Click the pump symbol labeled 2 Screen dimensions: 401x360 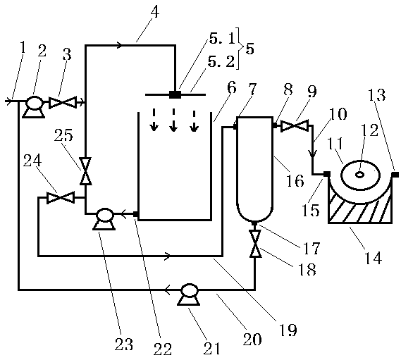(x=34, y=106)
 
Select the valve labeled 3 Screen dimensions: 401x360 (x=63, y=102)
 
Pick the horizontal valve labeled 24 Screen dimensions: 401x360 (x=61, y=198)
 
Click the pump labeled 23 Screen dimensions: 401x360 (x=104, y=218)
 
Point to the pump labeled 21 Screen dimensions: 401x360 (x=189, y=294)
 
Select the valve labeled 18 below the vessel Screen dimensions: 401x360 (x=255, y=244)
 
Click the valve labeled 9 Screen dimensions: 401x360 (x=295, y=126)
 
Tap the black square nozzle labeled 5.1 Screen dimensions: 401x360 (x=175, y=94)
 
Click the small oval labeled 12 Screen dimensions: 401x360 (x=360, y=175)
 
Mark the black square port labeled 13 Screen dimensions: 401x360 (x=395, y=175)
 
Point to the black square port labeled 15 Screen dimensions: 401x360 (x=326, y=174)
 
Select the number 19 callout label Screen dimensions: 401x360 (x=288, y=330)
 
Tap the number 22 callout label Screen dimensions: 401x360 (x=163, y=349)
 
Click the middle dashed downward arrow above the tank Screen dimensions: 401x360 (x=173, y=120)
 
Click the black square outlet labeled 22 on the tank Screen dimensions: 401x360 (x=136, y=214)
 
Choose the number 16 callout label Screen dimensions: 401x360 (x=295, y=180)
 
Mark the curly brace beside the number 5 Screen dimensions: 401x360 (x=239, y=48)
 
